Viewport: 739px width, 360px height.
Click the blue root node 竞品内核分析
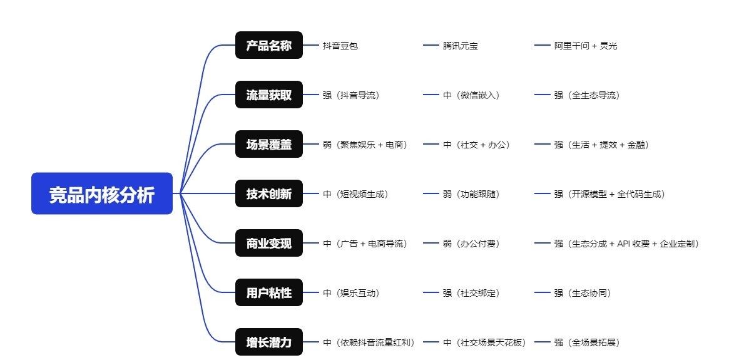(102, 193)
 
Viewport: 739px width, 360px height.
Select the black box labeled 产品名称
(268, 46)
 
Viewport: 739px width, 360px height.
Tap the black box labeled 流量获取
(268, 95)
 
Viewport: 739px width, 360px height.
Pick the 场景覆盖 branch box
(268, 145)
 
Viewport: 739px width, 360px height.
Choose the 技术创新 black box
(268, 194)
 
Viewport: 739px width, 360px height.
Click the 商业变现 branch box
(268, 243)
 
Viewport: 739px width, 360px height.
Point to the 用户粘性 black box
(268, 292)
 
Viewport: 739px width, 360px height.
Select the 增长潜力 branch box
(268, 342)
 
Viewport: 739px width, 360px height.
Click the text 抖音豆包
(340, 46)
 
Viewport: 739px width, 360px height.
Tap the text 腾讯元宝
(460, 46)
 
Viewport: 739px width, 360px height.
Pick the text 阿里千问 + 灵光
(585, 46)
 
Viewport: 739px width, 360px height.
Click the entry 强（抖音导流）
(351, 95)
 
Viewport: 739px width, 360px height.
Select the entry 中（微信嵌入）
(471, 95)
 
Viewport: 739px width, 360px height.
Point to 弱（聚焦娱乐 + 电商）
(365, 145)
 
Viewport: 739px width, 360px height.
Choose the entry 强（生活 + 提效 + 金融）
(601, 145)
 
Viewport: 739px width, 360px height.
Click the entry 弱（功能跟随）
(471, 194)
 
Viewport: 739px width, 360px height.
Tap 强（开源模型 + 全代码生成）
(609, 194)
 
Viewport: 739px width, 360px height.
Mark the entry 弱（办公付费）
(471, 244)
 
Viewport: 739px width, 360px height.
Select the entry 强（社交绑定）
(471, 293)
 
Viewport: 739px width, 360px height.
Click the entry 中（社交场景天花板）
(485, 342)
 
